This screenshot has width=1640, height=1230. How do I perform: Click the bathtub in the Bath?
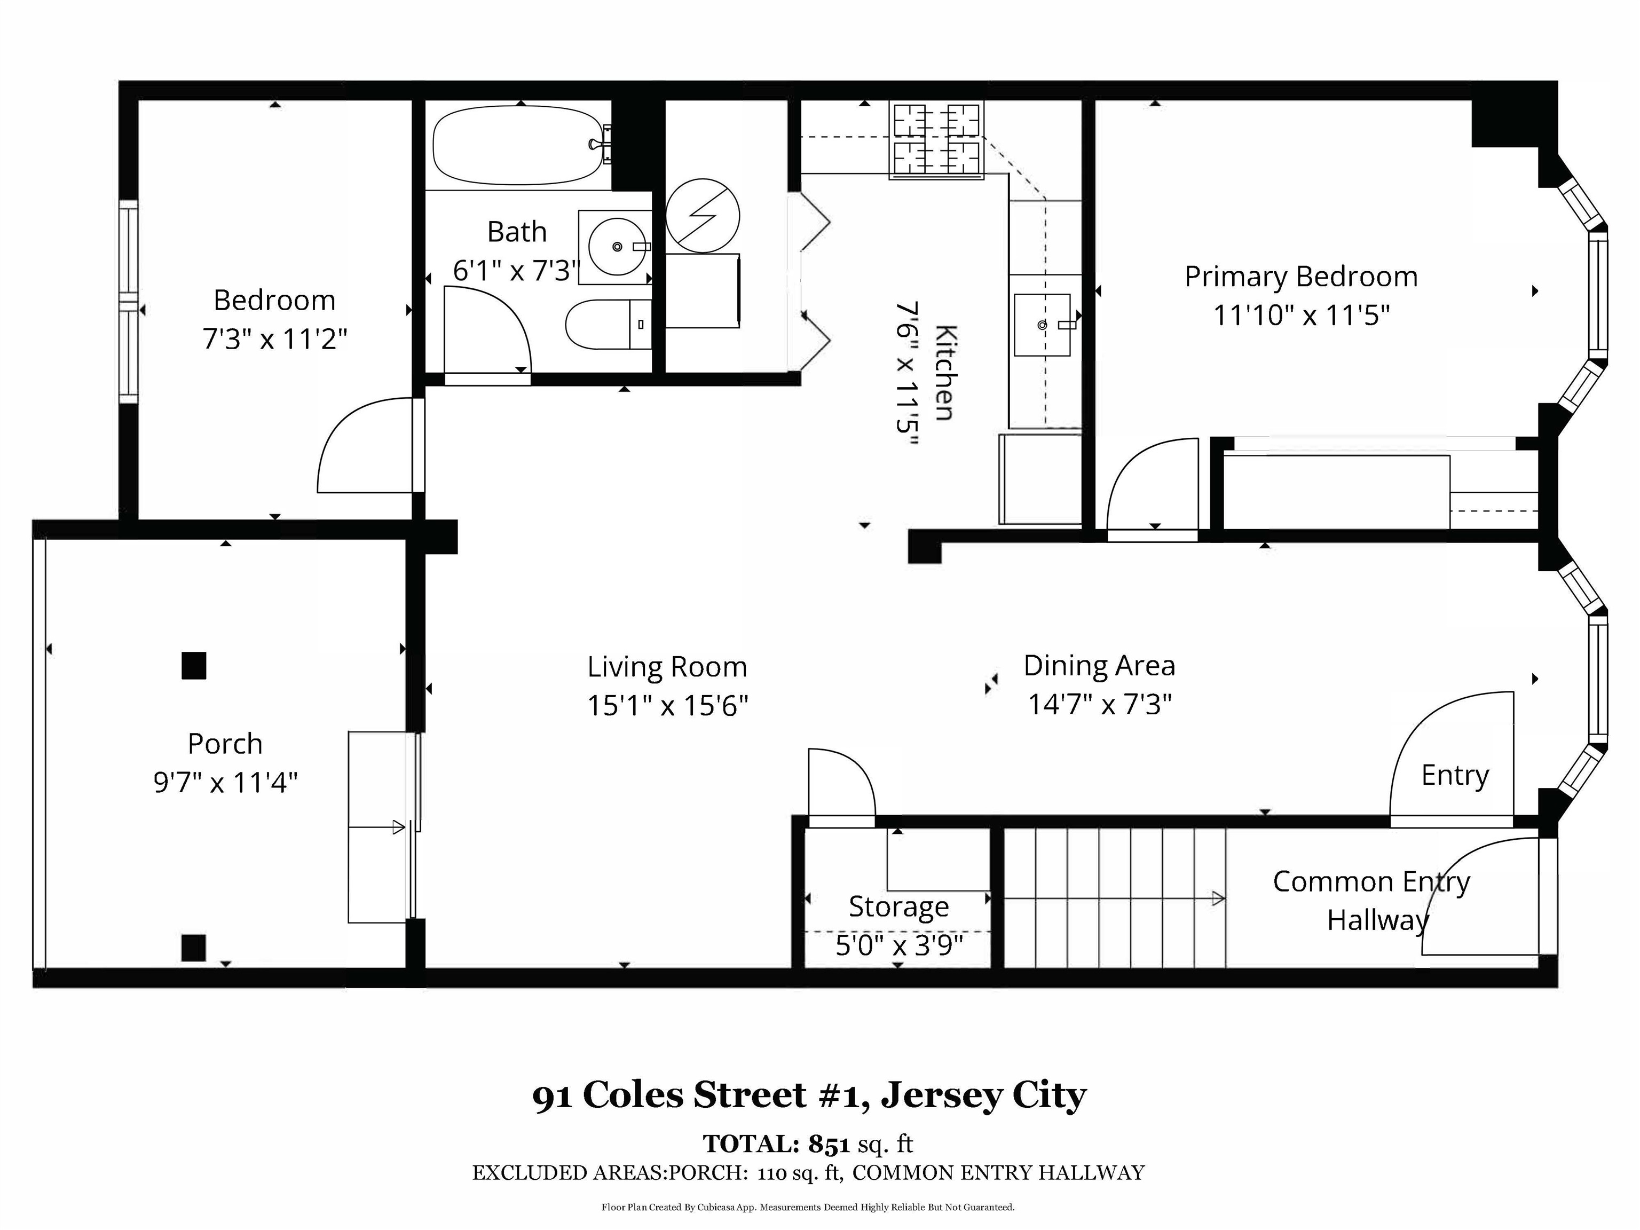tap(521, 145)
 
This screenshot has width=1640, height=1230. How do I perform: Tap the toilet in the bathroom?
tap(609, 324)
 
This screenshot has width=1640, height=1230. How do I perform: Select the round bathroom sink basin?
tap(617, 247)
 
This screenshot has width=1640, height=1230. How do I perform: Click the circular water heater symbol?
tap(702, 216)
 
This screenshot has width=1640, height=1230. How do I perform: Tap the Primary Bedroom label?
tap(1300, 277)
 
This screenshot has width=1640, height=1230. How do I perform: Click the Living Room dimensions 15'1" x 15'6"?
tap(667, 705)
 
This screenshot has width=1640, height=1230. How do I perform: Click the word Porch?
tap(225, 743)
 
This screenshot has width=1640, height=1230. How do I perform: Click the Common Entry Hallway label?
tap(1371, 900)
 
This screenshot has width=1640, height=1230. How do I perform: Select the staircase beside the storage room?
tap(1114, 897)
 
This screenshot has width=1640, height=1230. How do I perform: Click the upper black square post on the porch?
tap(193, 666)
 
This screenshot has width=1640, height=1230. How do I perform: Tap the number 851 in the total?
tap(828, 1144)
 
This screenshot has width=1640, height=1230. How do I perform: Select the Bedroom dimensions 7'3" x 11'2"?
tap(275, 340)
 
